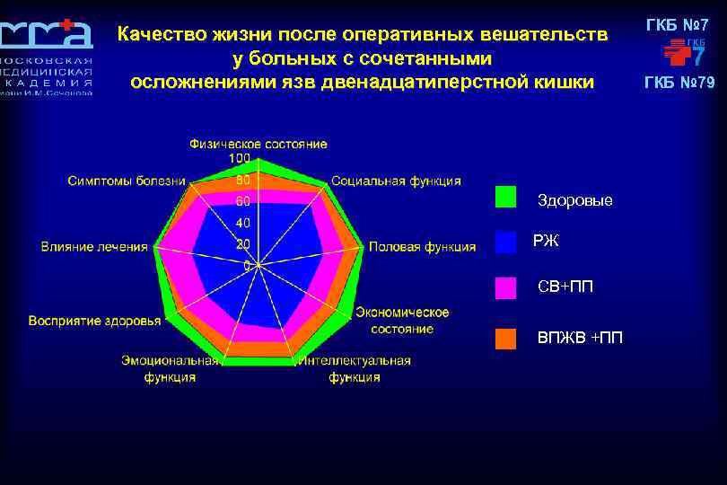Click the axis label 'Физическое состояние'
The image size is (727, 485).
pos(258,144)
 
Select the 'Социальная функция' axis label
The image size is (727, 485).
pos(396,181)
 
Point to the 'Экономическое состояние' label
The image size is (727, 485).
pos(402,321)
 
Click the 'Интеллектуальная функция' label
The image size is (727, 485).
pos(354,369)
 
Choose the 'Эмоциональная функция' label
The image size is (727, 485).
pos(170,369)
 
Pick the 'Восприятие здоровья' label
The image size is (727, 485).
pos(95,321)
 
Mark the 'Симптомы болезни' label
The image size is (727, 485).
pos(127,181)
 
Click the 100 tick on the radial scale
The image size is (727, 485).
pos(240,158)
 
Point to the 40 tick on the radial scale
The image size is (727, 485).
pos(242,223)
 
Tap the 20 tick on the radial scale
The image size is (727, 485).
pos(242,244)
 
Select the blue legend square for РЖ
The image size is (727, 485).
pos(506,241)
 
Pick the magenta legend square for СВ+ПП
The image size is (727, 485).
pos(506,287)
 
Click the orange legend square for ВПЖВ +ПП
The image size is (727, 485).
pos(506,338)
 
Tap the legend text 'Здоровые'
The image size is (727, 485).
pos(574,200)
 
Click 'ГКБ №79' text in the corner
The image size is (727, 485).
pos(679,84)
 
